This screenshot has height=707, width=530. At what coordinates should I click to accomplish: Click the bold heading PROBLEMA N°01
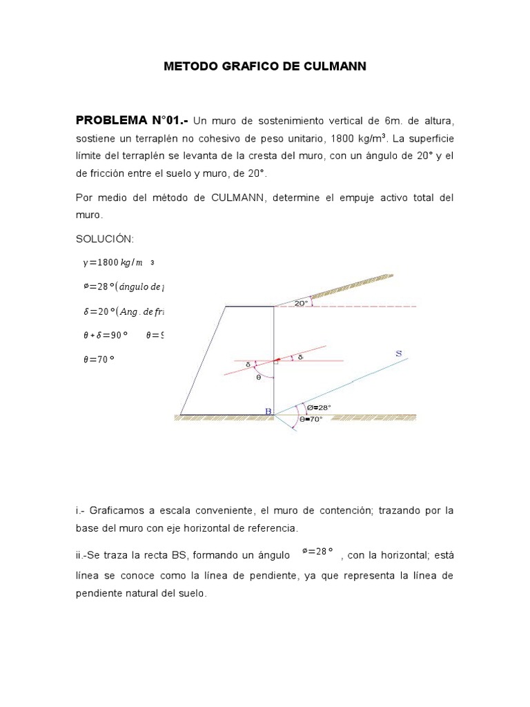pyautogui.click(x=130, y=121)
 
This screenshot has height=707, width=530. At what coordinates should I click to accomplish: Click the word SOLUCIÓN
pyautogui.click(x=105, y=239)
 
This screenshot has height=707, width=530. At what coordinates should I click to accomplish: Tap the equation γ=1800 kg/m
pyautogui.click(x=112, y=262)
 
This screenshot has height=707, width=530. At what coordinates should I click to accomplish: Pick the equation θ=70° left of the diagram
pyautogui.click(x=98, y=359)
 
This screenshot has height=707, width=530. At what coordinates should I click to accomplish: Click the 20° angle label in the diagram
pyautogui.click(x=301, y=303)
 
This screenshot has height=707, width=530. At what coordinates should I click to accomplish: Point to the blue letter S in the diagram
pyautogui.click(x=398, y=353)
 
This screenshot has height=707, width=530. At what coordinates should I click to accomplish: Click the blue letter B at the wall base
pyautogui.click(x=268, y=411)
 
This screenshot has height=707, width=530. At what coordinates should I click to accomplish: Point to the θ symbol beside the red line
pyautogui.click(x=259, y=377)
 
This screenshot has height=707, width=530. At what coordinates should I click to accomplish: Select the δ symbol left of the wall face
pyautogui.click(x=249, y=365)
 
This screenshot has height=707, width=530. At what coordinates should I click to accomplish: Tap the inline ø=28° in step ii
pyautogui.click(x=317, y=551)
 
